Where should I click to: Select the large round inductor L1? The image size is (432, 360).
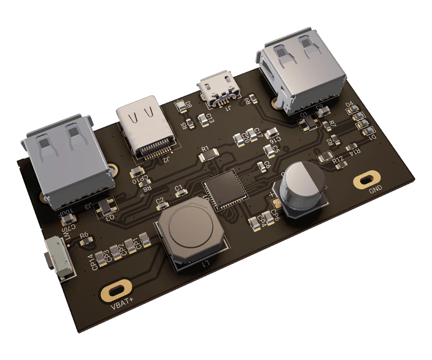(189, 233)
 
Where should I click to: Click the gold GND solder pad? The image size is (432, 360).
(368, 180)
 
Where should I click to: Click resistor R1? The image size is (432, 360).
(208, 156)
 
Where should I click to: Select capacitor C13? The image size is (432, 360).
(202, 118)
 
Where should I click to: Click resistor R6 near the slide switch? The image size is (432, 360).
(85, 242)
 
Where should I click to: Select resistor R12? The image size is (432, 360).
(325, 157)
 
